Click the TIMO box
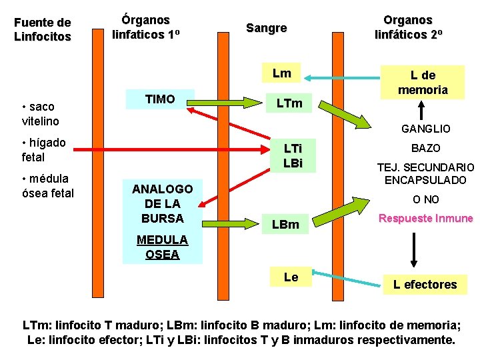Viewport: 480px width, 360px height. [160, 99]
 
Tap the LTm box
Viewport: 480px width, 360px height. [289, 103]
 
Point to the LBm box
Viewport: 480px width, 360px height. [285, 225]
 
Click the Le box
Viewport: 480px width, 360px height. [291, 276]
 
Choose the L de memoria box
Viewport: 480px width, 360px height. [423, 82]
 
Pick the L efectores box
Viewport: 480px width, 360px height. [425, 285]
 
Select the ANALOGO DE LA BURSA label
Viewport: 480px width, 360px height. [163, 203]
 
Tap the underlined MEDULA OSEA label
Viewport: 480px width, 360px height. [162, 247]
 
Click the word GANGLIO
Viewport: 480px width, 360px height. [425, 129]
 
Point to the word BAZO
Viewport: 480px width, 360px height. [425, 148]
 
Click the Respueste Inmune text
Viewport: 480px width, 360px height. [425, 219]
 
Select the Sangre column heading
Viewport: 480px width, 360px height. [266, 28]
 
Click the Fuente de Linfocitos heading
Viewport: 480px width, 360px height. [42, 30]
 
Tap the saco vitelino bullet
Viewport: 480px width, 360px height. [40, 114]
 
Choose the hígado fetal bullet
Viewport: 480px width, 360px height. [43, 150]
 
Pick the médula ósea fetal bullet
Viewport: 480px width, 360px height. [47, 186]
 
